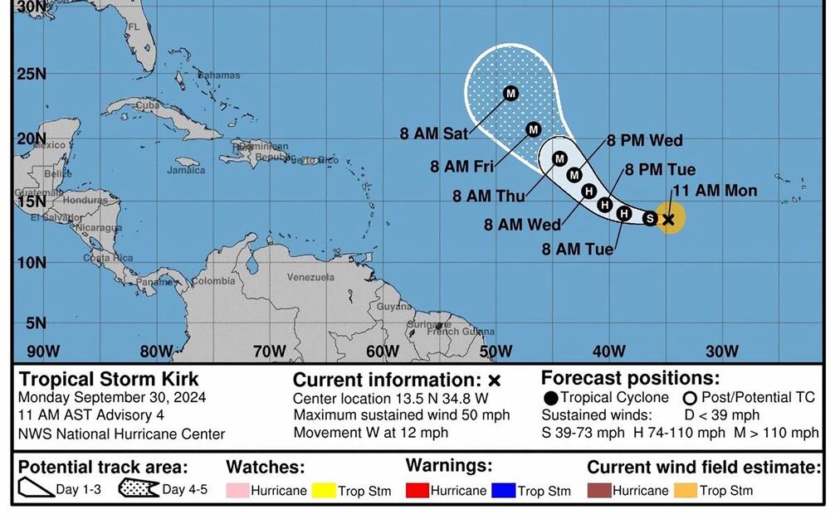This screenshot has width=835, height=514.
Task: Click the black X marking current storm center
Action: pos(669,219)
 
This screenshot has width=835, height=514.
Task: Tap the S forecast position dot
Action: pos(650,219)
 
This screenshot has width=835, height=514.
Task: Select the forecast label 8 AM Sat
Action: pos(432,133)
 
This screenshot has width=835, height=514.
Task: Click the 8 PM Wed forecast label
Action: pos(644,141)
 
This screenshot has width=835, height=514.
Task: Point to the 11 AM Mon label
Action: pos(715,191)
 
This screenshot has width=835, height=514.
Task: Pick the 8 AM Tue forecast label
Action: pos(578,249)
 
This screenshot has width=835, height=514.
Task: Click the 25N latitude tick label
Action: pos(32,74)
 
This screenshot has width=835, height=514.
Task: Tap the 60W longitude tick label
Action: pos(382,352)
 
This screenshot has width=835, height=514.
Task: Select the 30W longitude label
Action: pos(721,352)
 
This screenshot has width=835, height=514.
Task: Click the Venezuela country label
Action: pos(310,277)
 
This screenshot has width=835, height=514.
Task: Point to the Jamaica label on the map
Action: pos(186,171)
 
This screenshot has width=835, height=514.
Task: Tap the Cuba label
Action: pos(147,105)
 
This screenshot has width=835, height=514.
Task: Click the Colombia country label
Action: pos(213,282)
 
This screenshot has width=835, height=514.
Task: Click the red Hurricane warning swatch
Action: pos(417,491)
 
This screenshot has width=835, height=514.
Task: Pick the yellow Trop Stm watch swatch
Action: pos(322,491)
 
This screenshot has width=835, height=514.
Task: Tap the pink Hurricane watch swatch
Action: pos(237,491)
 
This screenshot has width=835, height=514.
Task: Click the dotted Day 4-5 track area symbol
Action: pos(139,489)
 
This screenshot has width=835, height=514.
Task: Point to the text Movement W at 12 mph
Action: pos(370,432)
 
